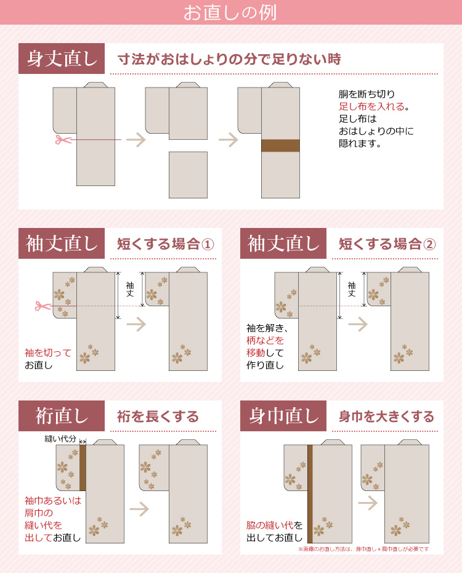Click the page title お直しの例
click(x=230, y=13)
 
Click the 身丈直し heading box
click(x=62, y=59)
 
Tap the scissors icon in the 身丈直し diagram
click(x=61, y=139)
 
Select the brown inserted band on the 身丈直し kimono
click(x=280, y=145)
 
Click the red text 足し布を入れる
click(x=372, y=107)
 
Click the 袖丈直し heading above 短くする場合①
click(x=62, y=243)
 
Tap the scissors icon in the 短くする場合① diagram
click(x=43, y=306)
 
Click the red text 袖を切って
click(x=48, y=353)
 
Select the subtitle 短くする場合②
click(x=387, y=244)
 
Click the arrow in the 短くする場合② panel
click(x=357, y=324)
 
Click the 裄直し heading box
click(x=62, y=416)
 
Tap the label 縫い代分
click(x=60, y=439)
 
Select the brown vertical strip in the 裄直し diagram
click(x=83, y=468)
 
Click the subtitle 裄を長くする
click(x=158, y=417)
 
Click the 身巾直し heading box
click(x=284, y=416)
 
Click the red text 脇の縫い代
click(x=270, y=526)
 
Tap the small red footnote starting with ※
click(x=363, y=548)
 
